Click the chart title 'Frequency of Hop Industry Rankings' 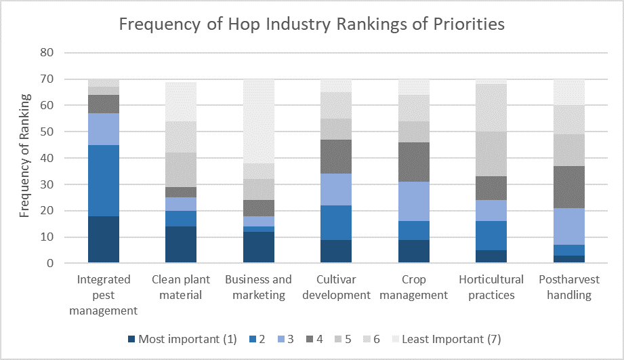(x=312, y=24)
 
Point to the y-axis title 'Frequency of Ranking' (x=24, y=157)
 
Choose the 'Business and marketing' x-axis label (x=258, y=287)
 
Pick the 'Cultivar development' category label (x=337, y=287)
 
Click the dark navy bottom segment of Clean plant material (x=181, y=245)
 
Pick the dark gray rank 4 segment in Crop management (x=414, y=162)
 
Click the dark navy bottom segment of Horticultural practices (x=491, y=257)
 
